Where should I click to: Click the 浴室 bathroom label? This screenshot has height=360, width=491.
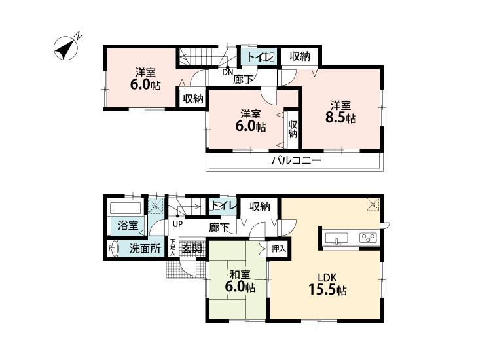click(x=128, y=226)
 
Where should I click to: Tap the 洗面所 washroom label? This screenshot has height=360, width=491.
click(x=144, y=248)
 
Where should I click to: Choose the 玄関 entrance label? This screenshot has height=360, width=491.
click(x=191, y=249)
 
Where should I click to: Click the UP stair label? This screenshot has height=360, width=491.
click(x=177, y=224)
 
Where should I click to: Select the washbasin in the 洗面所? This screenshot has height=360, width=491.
click(x=113, y=248)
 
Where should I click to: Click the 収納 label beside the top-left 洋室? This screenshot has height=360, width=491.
click(x=192, y=99)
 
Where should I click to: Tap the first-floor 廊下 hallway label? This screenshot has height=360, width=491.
click(x=219, y=227)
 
